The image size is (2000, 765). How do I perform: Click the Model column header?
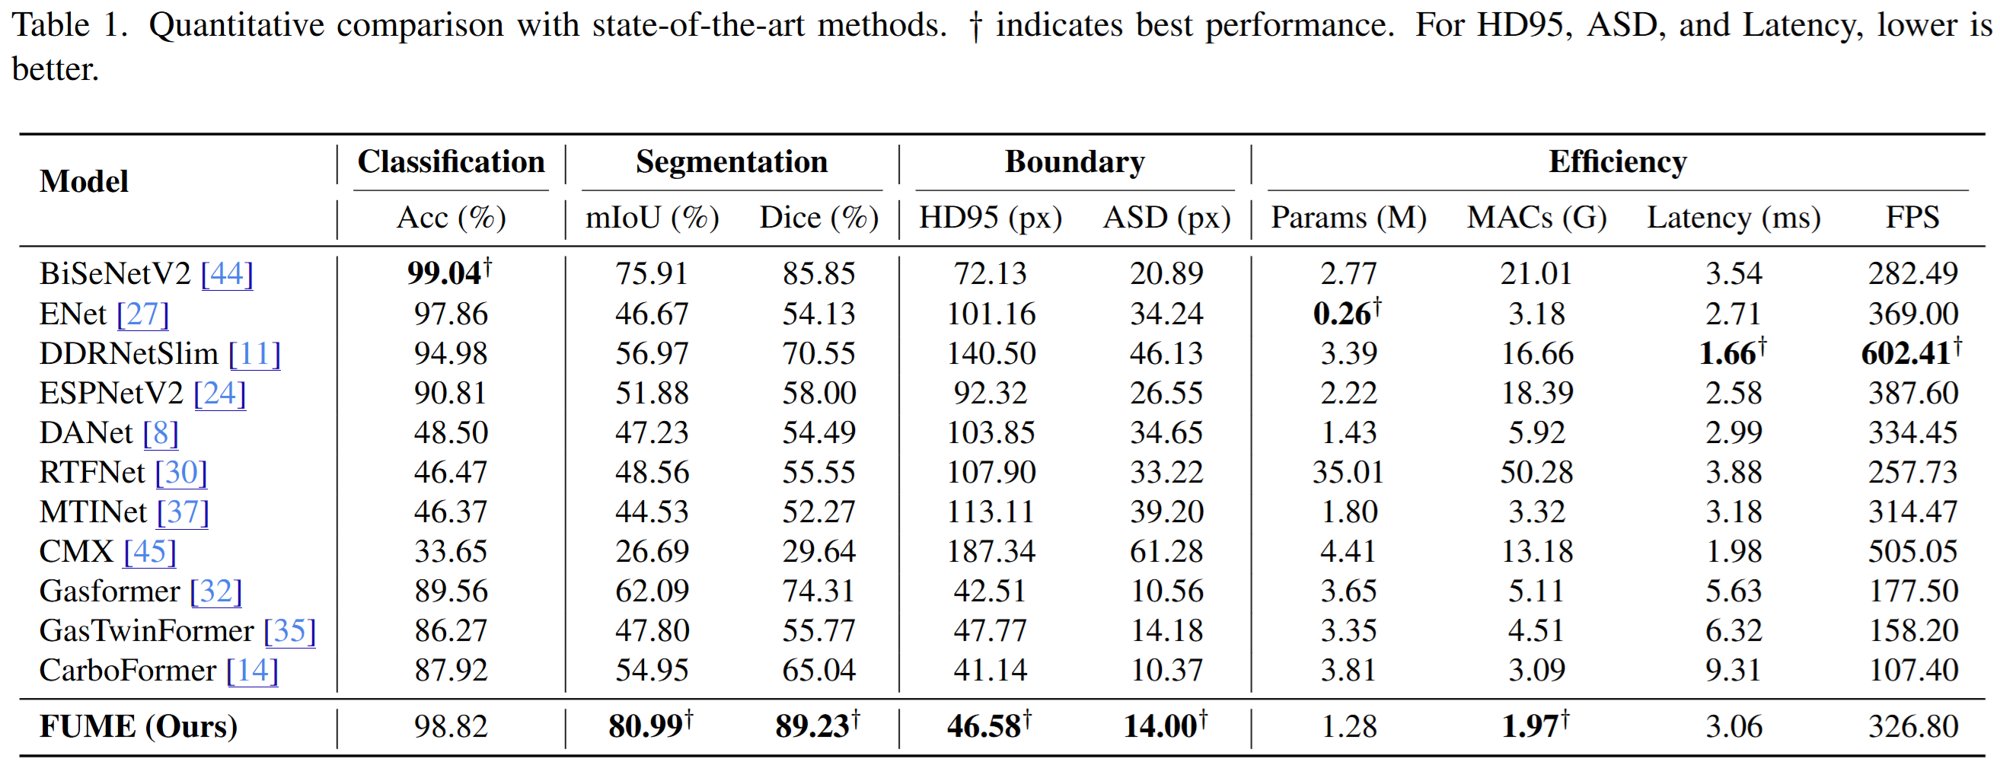tap(84, 182)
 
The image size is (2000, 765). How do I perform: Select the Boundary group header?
tap(1074, 162)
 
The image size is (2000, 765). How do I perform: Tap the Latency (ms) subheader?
tap(1733, 218)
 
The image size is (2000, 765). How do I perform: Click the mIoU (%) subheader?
tap(652, 218)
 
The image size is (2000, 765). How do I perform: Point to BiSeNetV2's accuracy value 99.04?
tap(445, 273)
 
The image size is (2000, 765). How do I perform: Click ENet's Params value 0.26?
tap(1341, 314)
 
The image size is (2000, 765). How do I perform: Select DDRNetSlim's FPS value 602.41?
tap(1906, 353)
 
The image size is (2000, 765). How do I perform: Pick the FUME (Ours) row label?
tap(139, 726)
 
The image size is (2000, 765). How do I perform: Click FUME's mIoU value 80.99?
tap(646, 726)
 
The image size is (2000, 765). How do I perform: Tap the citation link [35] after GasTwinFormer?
tap(289, 630)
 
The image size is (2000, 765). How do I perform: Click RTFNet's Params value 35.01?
tap(1348, 472)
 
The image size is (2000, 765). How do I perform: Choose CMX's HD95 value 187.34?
tap(990, 551)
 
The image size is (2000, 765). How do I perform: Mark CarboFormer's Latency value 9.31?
tap(1733, 671)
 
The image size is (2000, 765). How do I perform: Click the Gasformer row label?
tap(110, 591)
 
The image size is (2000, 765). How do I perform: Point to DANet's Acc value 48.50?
tap(450, 432)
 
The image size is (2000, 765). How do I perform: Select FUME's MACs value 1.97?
tap(1530, 726)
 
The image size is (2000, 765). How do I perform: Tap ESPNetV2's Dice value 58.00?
tap(818, 393)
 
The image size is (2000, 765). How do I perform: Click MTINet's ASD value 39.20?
tap(1166, 512)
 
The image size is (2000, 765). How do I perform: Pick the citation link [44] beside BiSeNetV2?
tap(227, 273)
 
